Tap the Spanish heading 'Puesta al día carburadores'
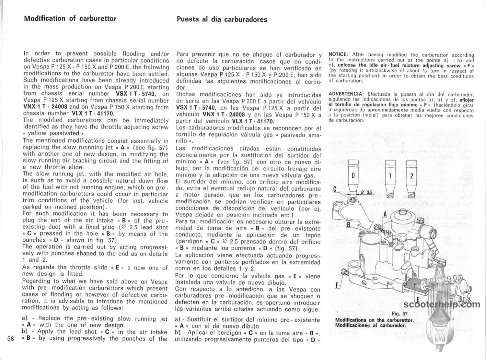coord(222,19)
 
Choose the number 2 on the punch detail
coord(411,176)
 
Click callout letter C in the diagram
coord(335,189)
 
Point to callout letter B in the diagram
coord(349,224)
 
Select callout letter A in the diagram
coord(385,214)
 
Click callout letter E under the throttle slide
coord(418,299)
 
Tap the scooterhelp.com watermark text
coord(442,304)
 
